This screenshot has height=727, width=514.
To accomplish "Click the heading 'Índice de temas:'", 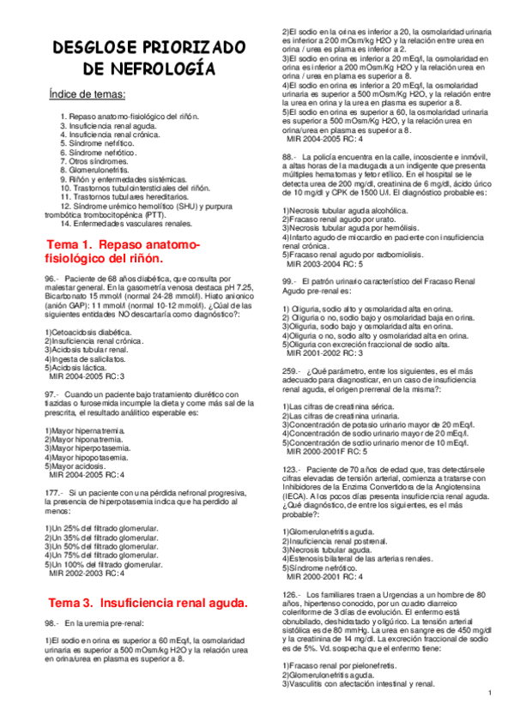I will [x=88, y=93].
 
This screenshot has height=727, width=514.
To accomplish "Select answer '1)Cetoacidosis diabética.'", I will [x=89, y=331].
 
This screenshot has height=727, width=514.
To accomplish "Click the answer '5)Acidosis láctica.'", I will [x=79, y=366].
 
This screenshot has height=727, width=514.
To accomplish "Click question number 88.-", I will [x=288, y=157].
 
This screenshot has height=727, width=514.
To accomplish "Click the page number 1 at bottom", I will [x=488, y=693].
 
